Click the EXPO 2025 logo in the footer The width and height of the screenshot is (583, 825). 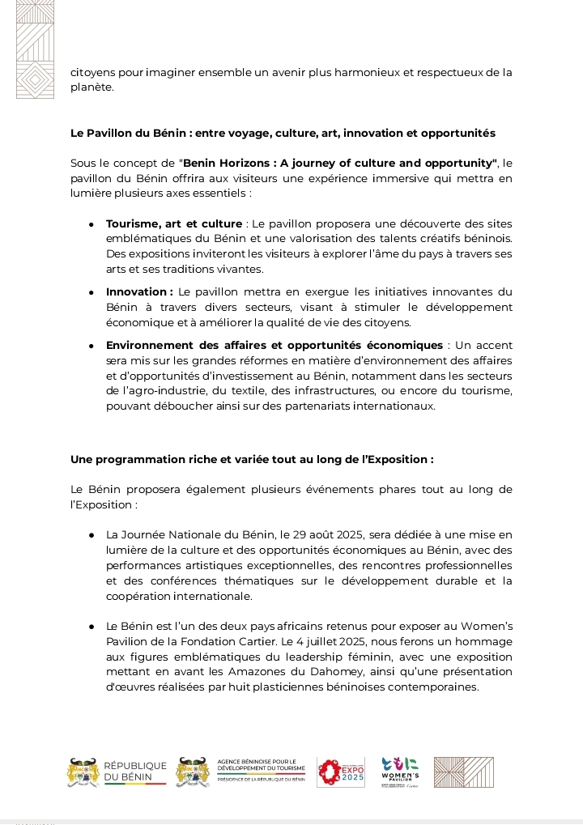(x=341, y=772)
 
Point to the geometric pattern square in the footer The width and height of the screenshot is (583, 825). (x=463, y=772)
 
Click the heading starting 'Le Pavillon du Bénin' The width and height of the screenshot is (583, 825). (x=283, y=133)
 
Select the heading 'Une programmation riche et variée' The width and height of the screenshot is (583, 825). (x=252, y=459)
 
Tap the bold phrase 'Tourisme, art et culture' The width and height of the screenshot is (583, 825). (x=174, y=223)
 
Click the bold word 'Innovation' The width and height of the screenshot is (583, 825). (x=136, y=291)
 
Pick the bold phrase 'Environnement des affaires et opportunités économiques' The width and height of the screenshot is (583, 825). (x=274, y=346)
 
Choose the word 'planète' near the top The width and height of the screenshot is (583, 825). (x=91, y=87)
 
